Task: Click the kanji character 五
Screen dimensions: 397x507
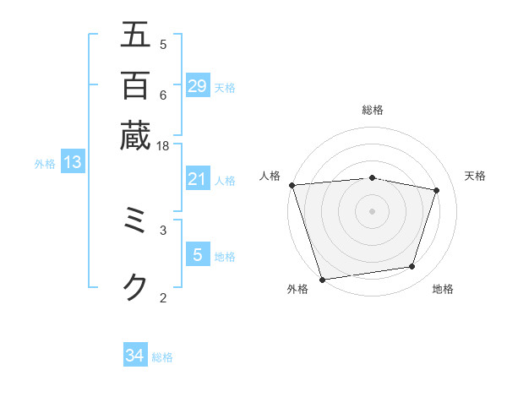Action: coord(135,35)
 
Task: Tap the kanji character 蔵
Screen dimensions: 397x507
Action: coord(135,135)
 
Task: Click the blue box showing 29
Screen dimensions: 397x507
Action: coord(198,85)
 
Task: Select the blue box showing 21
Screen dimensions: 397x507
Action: coord(198,179)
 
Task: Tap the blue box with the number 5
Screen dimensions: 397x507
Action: coord(198,255)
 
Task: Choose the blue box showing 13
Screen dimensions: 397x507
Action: coord(73,163)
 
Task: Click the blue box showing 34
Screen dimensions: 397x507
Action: coord(135,356)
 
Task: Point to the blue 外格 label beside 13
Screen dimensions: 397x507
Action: coord(45,164)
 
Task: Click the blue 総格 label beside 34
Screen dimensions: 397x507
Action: coord(162,357)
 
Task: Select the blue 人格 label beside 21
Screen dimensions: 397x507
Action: coord(225,181)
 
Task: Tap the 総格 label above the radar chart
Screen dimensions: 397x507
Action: coord(373,110)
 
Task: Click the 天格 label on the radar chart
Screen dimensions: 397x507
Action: coord(475,176)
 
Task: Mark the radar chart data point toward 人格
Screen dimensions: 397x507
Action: coord(292,185)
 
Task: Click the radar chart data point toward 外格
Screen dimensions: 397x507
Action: coord(323,279)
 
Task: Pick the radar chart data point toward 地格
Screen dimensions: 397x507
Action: coord(412,267)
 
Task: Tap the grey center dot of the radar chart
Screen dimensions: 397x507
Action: coord(373,210)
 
